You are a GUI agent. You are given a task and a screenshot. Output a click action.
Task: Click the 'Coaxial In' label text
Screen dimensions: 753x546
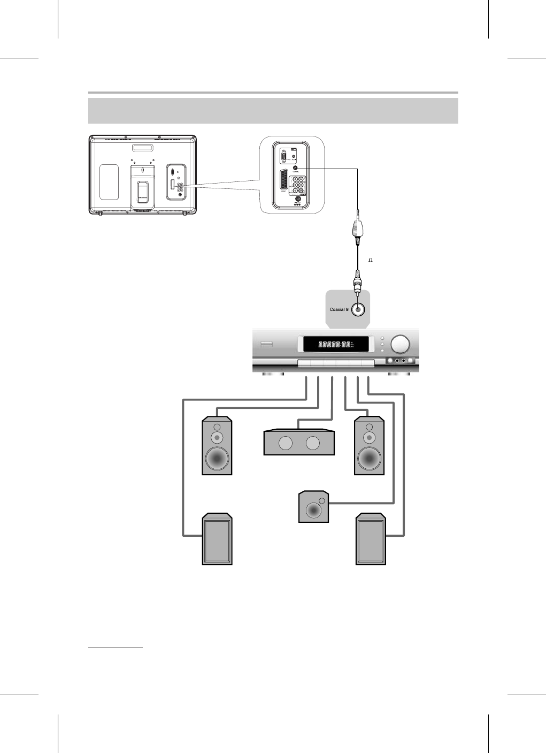tap(339, 309)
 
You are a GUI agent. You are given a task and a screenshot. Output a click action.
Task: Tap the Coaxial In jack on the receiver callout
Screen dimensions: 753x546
tap(358, 309)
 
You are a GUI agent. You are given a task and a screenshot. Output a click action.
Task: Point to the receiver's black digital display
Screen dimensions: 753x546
tap(336, 344)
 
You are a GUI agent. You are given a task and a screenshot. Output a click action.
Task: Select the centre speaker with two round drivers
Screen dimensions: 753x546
tap(299, 443)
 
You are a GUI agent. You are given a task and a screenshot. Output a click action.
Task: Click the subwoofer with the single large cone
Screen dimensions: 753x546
tap(313, 506)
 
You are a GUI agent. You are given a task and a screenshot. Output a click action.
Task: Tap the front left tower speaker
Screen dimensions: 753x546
tap(217, 446)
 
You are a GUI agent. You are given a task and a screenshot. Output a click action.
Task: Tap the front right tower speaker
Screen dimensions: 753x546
tap(370, 446)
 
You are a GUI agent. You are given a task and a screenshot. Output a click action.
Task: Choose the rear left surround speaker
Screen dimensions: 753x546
tap(217, 538)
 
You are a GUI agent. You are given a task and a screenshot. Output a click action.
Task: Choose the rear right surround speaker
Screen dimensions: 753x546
tap(370, 538)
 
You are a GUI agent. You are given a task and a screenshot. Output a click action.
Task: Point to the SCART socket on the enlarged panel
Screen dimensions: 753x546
tap(283, 183)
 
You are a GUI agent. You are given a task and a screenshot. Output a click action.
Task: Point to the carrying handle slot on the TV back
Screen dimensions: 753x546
tap(143, 148)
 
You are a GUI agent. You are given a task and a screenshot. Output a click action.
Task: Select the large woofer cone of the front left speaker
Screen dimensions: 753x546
tap(217, 458)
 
